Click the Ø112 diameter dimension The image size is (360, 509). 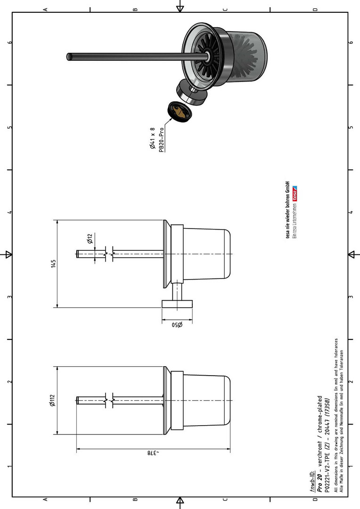52,400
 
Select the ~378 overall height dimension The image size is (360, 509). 152,452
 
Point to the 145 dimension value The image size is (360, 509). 54,263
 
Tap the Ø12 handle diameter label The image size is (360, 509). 90,238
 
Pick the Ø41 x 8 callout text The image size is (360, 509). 153,138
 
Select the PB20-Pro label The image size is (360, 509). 161,139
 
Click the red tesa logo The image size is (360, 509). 295,194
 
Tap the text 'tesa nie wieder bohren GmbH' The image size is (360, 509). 287,209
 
